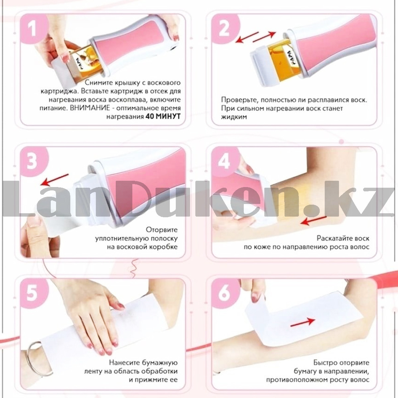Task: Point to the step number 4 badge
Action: (225, 162)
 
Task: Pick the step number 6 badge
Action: (225, 293)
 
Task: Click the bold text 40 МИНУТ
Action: (163, 116)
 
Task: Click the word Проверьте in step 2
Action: (239, 100)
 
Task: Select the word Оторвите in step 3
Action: (162, 230)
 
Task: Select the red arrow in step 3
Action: (54, 180)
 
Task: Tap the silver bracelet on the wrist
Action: (38, 360)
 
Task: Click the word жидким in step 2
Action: (234, 117)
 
